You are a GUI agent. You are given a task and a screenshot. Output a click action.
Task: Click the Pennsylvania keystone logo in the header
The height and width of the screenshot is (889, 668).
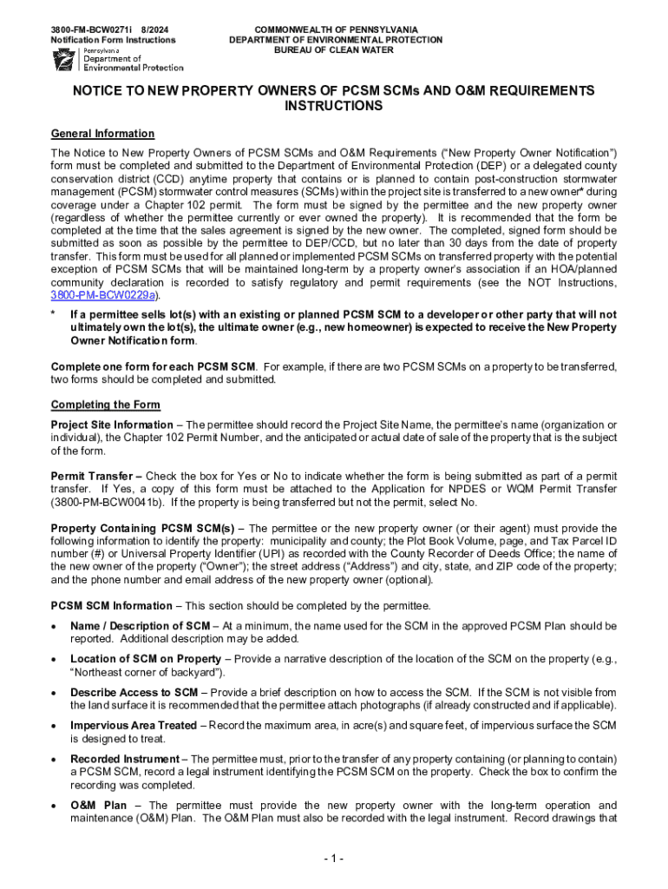point(63,59)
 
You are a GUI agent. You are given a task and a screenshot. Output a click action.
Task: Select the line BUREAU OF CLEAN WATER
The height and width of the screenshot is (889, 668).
point(336,50)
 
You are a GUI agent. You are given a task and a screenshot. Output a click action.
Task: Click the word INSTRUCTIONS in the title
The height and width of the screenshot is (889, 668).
point(334,106)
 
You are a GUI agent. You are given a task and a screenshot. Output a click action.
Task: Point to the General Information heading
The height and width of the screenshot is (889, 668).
point(102,134)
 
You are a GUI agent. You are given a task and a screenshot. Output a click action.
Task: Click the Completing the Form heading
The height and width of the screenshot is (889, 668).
point(105,405)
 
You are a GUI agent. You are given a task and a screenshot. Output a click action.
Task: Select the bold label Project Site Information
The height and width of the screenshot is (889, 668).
point(112,425)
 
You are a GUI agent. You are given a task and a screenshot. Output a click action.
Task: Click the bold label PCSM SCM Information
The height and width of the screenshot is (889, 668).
point(111,606)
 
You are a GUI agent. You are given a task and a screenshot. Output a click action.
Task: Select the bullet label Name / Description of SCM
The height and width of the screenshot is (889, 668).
point(140,626)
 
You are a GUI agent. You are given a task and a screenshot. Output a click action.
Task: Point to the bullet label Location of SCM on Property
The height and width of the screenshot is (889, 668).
point(145,659)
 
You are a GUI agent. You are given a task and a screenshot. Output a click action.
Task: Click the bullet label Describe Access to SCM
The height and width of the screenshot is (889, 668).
point(134,693)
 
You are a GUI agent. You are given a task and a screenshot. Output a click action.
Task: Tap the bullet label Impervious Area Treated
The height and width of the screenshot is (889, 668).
point(133,726)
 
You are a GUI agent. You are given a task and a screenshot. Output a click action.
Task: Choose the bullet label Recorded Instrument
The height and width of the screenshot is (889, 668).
point(123,759)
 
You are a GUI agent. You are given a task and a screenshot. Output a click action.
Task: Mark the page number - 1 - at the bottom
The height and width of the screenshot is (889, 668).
point(334,859)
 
